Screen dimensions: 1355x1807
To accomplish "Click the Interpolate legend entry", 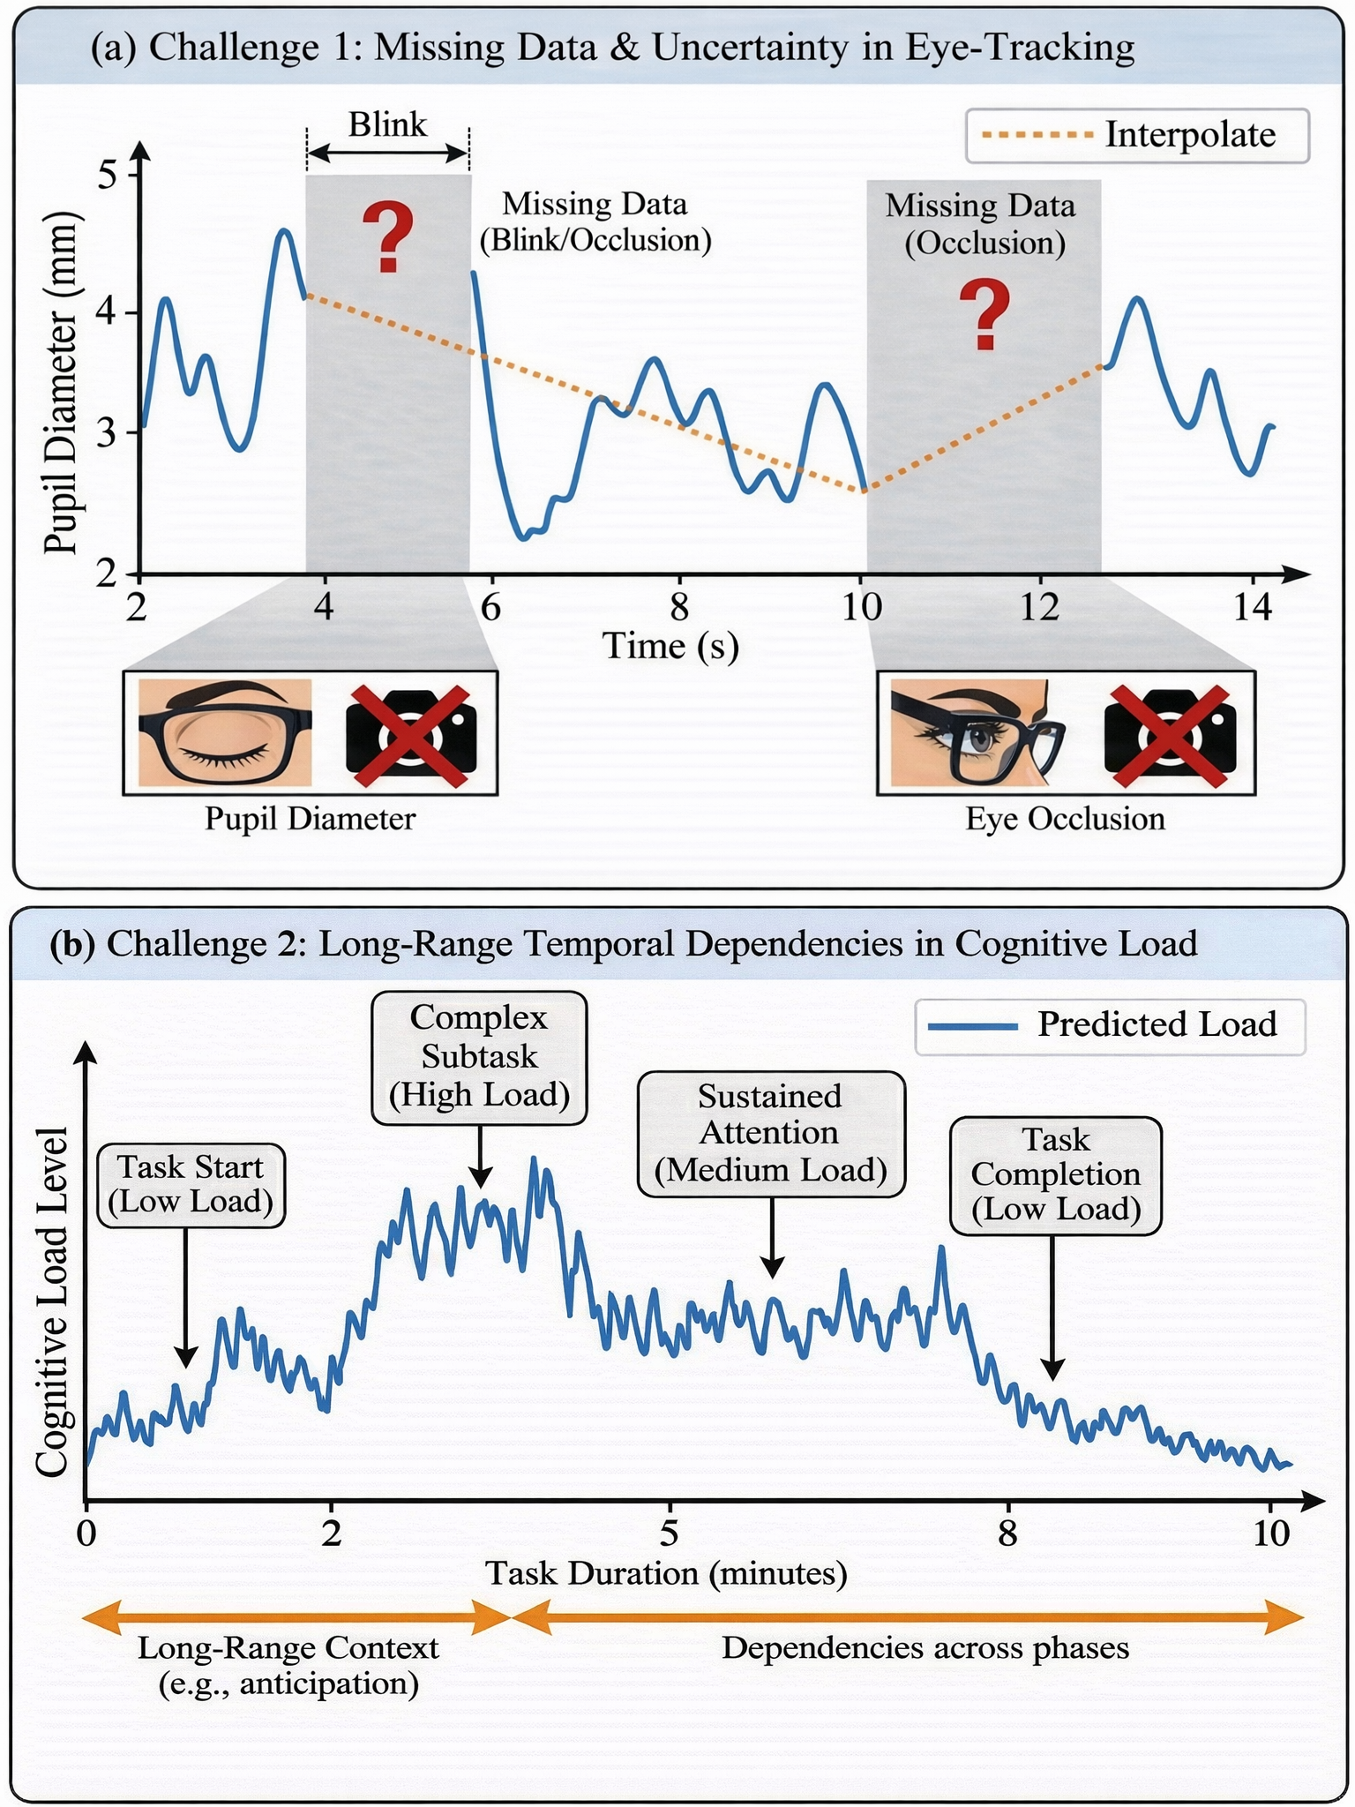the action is point(1137,136).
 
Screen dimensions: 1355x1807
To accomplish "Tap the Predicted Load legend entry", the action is point(1110,1026).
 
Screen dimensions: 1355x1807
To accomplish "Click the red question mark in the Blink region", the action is point(389,237).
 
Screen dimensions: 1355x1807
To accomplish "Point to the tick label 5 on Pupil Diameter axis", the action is point(108,175).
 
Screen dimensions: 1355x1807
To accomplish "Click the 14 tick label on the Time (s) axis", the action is point(1253,607).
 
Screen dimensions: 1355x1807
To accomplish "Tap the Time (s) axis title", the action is point(670,646).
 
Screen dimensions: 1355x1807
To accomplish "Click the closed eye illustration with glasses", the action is point(225,732).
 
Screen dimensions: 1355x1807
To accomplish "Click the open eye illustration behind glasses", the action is point(977,732).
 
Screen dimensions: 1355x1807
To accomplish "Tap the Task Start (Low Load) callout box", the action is point(191,1185).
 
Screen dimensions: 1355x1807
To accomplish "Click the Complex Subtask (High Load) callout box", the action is point(479,1057).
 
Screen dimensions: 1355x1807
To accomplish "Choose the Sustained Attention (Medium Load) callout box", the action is point(771,1134).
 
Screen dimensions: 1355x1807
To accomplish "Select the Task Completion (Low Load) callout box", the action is point(1056,1175).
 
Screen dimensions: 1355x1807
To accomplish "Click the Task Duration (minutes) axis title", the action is point(667,1574).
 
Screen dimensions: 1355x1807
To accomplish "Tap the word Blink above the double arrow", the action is point(387,124).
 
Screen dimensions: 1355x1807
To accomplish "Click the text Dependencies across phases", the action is point(925,1648).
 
